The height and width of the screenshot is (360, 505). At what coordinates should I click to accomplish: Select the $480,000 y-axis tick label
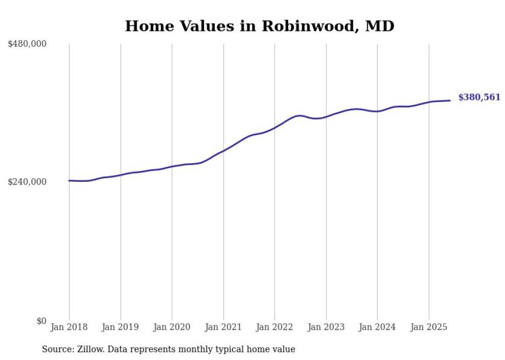tap(27, 44)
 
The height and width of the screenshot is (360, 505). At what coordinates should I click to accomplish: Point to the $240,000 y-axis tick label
tap(27, 182)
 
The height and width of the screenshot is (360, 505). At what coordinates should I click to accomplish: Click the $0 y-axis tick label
tap(41, 321)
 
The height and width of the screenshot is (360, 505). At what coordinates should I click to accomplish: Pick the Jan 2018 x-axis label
tap(69, 327)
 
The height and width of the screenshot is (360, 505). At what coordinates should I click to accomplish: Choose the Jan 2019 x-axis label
tap(121, 327)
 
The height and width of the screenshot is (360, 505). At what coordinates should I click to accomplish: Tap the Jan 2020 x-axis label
tap(172, 327)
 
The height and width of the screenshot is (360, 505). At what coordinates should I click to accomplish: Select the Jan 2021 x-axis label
tap(223, 327)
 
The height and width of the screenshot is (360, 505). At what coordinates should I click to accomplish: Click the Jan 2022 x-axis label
tap(275, 327)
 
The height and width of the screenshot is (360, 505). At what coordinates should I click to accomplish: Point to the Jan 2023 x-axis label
tap(326, 327)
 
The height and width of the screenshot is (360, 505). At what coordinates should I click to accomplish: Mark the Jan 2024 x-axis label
tap(377, 327)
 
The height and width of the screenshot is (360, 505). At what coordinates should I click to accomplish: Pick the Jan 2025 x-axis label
tap(429, 327)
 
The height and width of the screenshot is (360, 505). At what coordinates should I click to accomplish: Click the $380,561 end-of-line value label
tap(479, 97)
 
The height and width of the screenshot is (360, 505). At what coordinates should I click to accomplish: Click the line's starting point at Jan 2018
tap(69, 180)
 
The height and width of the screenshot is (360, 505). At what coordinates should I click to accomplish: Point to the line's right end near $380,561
tap(450, 100)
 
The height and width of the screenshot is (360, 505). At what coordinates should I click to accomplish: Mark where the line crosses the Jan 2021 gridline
tap(223, 151)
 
